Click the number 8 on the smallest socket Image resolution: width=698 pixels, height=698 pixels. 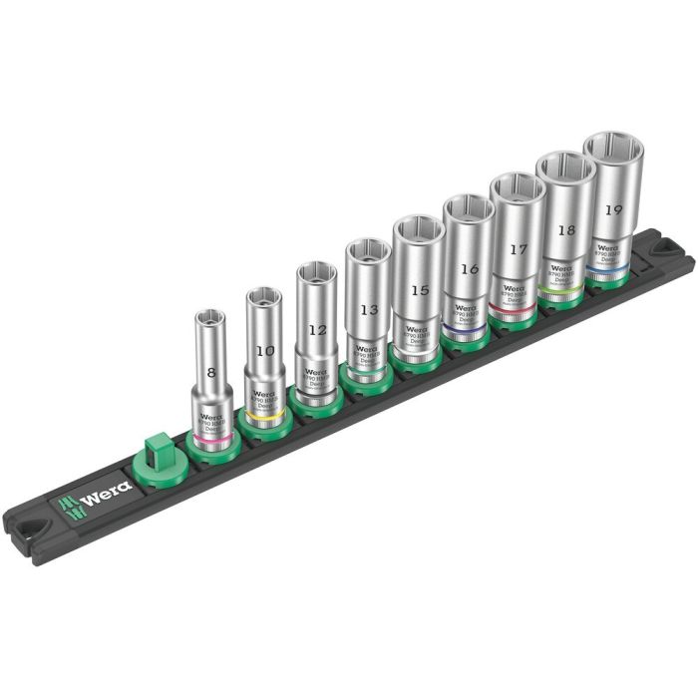point(210,372)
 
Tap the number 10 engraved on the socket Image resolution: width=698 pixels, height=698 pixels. point(264,351)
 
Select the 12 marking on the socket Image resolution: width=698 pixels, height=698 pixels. point(317,329)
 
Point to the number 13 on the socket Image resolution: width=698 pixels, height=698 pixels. point(369,309)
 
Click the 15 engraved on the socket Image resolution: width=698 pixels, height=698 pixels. point(420,290)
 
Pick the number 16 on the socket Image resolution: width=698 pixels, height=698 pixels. point(470,269)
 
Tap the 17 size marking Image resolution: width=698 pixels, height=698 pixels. point(519,249)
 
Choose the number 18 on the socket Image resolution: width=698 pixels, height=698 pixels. point(566,229)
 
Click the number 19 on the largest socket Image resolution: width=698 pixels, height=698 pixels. point(613,210)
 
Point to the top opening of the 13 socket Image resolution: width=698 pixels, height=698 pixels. point(368,250)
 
